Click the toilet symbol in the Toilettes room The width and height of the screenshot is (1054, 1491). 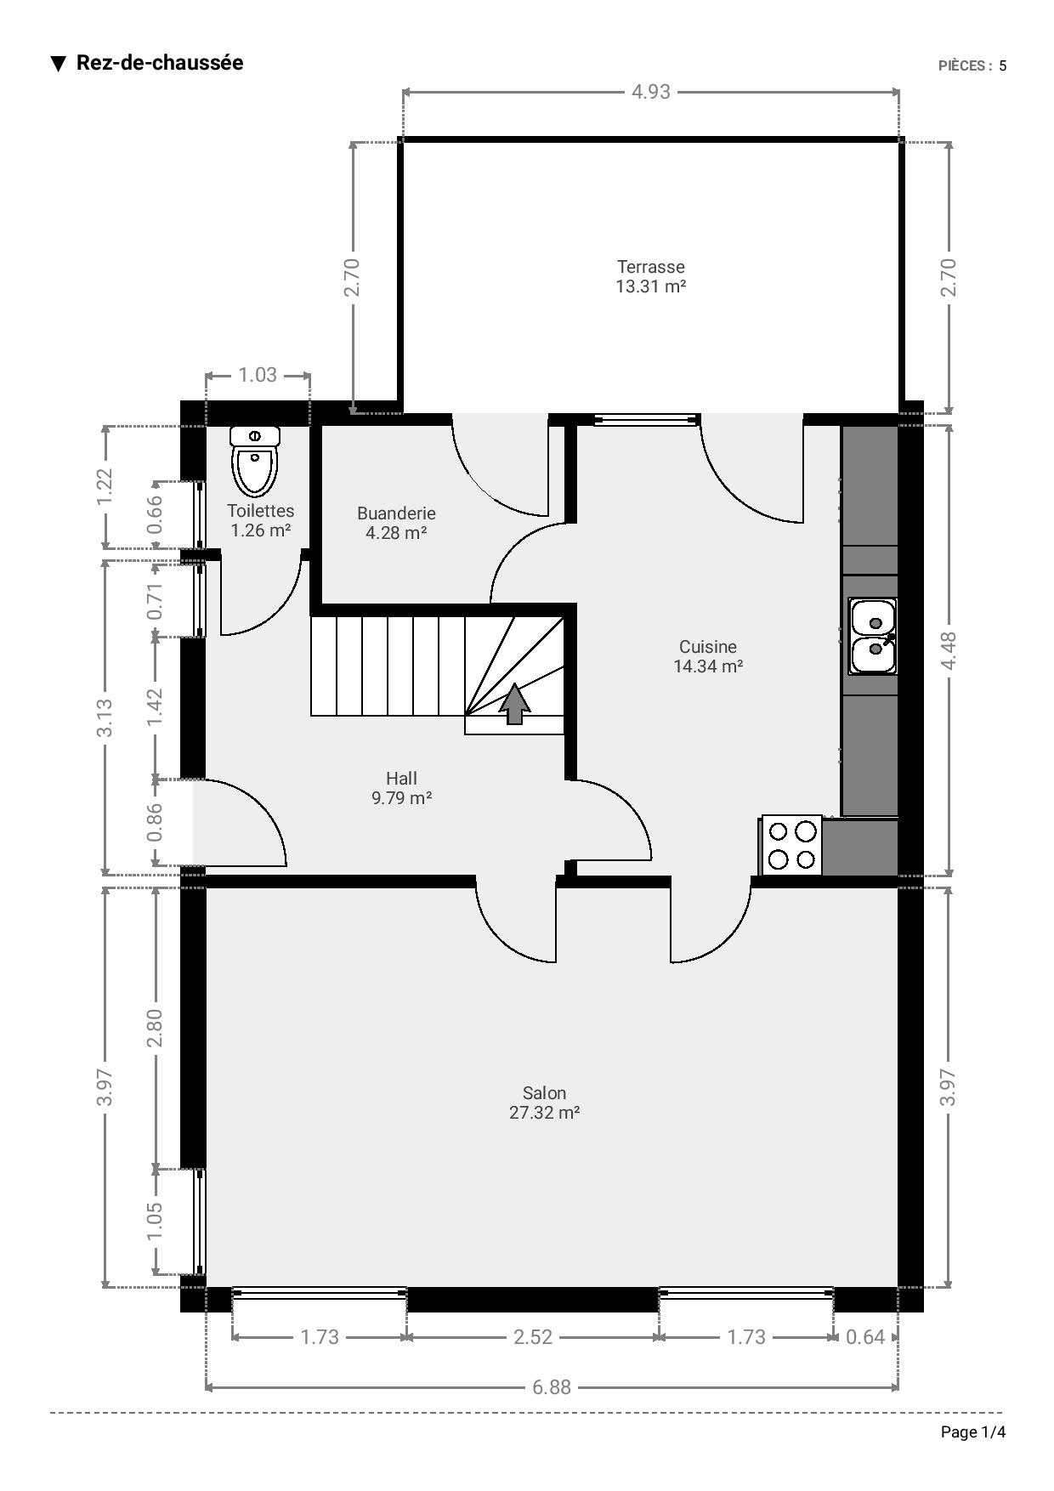tap(255, 461)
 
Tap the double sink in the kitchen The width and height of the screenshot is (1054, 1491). tap(873, 636)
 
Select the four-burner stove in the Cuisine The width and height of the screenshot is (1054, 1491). tap(792, 845)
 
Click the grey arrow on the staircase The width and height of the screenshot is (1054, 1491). tap(514, 704)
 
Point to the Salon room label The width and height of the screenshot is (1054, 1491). tap(544, 1093)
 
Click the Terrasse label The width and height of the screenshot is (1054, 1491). tap(651, 267)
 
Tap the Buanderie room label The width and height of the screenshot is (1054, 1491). tap(396, 513)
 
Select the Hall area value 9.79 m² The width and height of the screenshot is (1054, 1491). tap(402, 798)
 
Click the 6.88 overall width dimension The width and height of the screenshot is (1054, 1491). tap(552, 1387)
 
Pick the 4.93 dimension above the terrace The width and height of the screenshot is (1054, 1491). tap(651, 92)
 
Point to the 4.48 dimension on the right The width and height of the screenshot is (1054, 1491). tap(949, 650)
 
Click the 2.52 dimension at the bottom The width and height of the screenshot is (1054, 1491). tap(533, 1337)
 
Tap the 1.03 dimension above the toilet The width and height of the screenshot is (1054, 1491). tap(258, 375)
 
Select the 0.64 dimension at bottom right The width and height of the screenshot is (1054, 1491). tap(865, 1337)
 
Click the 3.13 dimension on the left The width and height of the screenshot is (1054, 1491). tap(105, 717)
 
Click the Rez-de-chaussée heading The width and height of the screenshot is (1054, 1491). tap(160, 63)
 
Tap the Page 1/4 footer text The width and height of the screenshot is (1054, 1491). tap(973, 1432)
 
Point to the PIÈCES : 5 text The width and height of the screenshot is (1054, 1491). tap(972, 66)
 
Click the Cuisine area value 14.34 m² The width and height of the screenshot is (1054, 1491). tap(708, 666)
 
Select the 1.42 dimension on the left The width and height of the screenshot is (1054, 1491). tap(155, 707)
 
